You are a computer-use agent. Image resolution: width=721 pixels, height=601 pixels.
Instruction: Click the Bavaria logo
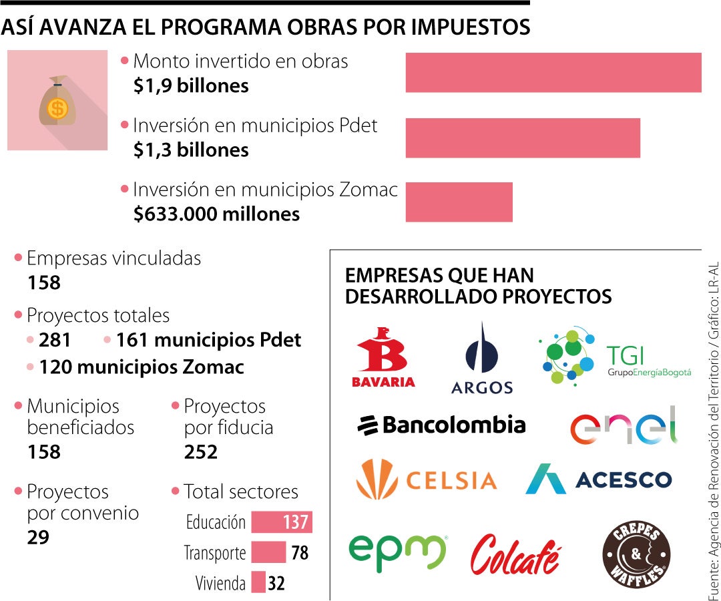[x=383, y=358]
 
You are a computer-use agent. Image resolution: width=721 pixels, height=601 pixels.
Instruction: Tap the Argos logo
[x=481, y=359]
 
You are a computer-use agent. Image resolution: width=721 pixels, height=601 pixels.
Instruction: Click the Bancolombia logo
[x=441, y=425]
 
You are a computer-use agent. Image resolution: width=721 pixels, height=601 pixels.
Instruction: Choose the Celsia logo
[x=427, y=479]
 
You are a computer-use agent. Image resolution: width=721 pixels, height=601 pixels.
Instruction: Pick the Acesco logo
[x=599, y=479]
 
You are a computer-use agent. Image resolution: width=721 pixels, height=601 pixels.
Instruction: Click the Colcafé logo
[x=515, y=554]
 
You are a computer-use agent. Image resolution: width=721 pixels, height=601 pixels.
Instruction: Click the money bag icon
[x=57, y=101]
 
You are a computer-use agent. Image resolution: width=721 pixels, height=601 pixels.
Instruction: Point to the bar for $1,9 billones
[x=553, y=73]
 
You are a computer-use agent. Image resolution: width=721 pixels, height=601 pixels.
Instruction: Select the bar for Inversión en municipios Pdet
[x=523, y=138]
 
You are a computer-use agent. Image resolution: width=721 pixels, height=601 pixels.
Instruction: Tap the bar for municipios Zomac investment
[x=459, y=202]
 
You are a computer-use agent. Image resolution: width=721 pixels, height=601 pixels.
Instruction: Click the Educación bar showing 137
[x=282, y=522]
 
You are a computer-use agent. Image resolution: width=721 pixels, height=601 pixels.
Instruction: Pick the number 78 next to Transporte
[x=300, y=553]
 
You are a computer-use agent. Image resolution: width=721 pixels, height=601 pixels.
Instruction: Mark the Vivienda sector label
[x=220, y=583]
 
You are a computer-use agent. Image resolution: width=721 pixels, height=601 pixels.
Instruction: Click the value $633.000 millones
[x=216, y=214]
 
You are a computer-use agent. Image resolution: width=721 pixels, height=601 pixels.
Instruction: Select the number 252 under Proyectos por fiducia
[x=201, y=452]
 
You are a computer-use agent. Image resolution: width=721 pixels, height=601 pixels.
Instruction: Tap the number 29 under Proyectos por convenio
[x=38, y=537]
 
